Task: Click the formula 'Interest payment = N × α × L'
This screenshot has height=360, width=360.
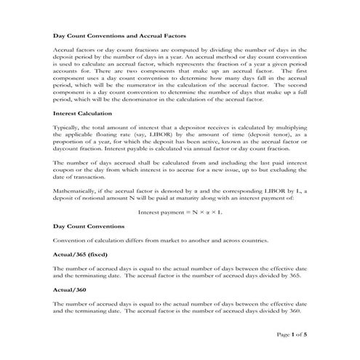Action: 180,212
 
